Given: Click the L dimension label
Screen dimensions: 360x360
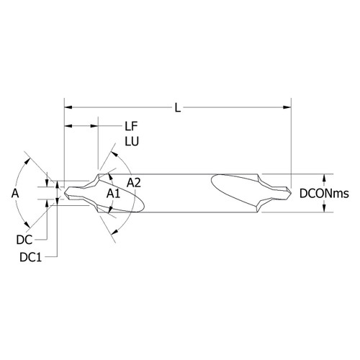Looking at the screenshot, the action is [178, 108].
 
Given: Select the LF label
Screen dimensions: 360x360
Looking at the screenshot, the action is [131, 126].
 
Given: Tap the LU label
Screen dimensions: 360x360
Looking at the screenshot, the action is [132, 142].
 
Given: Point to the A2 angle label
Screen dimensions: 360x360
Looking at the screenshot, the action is [134, 183].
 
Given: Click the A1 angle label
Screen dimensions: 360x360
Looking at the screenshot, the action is [113, 194].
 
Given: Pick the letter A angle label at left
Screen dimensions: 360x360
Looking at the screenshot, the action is [15, 193].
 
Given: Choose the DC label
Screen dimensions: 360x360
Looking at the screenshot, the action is [24, 240].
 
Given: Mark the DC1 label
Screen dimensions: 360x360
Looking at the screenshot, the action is [31, 258].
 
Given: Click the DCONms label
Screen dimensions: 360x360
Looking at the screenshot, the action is [324, 194].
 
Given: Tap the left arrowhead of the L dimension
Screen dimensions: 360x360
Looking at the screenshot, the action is [68, 107].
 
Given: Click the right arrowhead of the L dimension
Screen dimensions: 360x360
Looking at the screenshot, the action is [287, 107].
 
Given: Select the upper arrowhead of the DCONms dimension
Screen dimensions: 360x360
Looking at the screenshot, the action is [324, 178].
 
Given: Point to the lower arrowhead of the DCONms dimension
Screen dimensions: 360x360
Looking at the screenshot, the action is [324, 208].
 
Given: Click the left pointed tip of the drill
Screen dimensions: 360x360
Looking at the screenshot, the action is [64, 193].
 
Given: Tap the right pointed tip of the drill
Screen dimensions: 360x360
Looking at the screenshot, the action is [291, 193].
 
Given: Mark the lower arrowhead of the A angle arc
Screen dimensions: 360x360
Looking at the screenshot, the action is [27, 225].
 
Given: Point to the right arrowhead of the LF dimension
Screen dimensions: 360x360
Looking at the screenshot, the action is [94, 126].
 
